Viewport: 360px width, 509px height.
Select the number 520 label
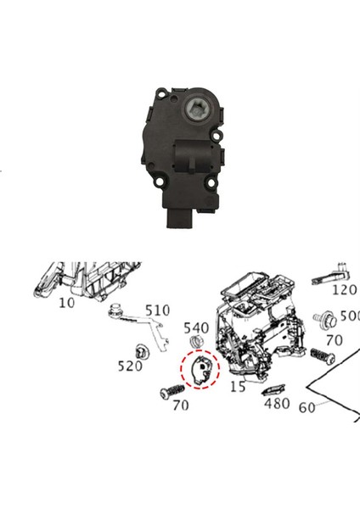(x=129, y=366)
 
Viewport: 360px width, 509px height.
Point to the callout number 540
(x=196, y=327)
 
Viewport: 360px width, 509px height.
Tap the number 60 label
(x=307, y=407)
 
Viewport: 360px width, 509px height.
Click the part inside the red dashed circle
(x=202, y=372)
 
